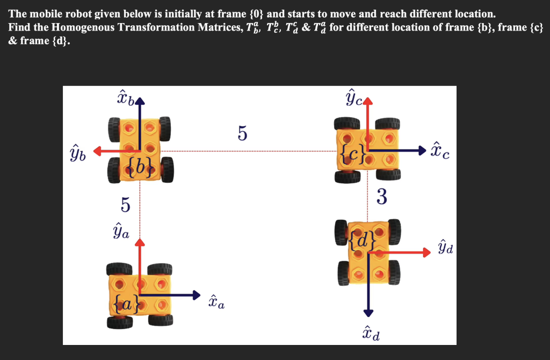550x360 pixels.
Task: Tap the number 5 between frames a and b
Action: pyautogui.click(x=125, y=205)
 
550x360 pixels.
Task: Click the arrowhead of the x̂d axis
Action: pyautogui.click(x=368, y=313)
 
